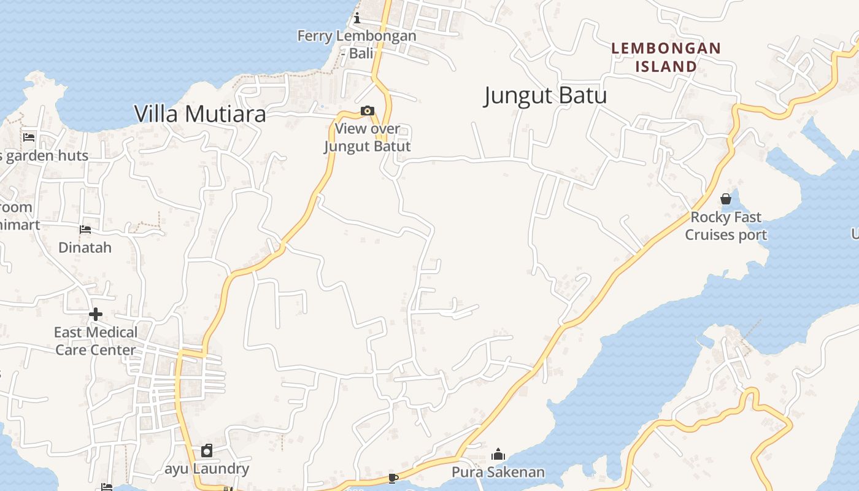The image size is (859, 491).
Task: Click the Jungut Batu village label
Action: (x=545, y=96)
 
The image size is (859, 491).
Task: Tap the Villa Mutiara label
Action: (x=200, y=114)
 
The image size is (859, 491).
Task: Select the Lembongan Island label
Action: (x=666, y=57)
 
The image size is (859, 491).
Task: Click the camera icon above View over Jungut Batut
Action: (x=368, y=111)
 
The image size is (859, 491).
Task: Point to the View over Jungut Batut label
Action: (x=367, y=137)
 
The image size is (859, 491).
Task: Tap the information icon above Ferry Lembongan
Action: (x=356, y=18)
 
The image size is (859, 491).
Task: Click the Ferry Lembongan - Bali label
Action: (x=356, y=44)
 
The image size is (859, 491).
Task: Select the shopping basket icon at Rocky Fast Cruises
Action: (x=726, y=199)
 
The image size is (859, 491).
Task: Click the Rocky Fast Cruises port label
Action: (x=726, y=226)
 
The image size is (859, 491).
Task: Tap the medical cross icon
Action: (x=95, y=314)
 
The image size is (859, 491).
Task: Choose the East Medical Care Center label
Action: (x=95, y=341)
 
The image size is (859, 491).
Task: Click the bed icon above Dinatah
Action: (x=85, y=230)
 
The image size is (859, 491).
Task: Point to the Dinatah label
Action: (x=85, y=247)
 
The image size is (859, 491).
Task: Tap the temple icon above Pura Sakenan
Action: (x=498, y=454)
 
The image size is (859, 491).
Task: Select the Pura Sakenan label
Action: (x=498, y=472)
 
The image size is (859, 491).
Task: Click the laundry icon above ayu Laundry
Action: (x=207, y=451)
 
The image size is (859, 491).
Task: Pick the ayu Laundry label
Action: (x=207, y=469)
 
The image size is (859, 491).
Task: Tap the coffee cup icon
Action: (x=393, y=478)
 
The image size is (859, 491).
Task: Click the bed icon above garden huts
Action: (x=28, y=137)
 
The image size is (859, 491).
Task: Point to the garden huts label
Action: (x=47, y=156)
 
